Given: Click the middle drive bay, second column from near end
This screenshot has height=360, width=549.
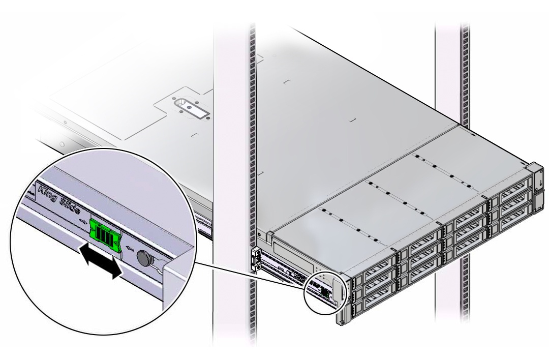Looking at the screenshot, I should click(x=421, y=263).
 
